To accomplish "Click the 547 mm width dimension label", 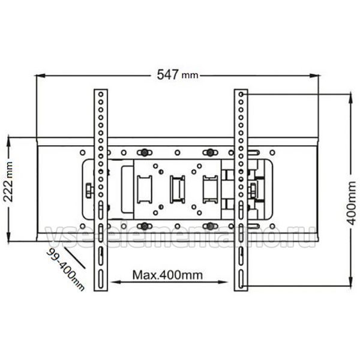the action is pos(177,74).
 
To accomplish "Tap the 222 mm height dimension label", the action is pos(8,182).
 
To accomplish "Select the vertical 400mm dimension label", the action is pos(351,203).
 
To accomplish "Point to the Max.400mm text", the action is pos(167,275).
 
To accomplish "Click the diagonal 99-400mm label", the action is pos(65,270).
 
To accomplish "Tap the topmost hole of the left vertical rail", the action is pos(101,94).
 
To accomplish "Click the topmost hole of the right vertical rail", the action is pos(241,94).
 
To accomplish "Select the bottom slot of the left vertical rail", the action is pos(101,278).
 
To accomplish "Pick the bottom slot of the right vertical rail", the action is pos(241,278).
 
